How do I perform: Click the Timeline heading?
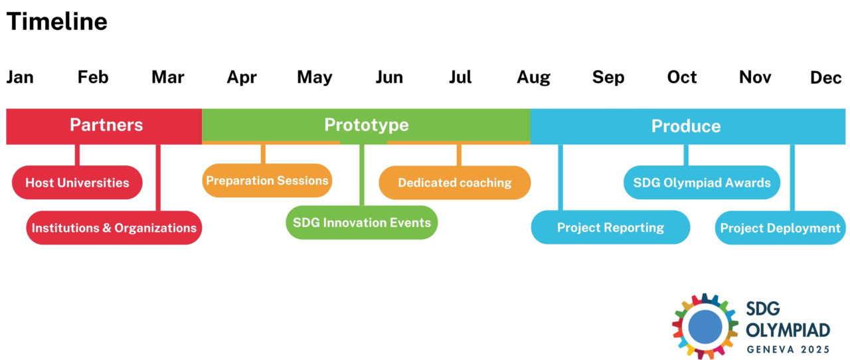[57, 22]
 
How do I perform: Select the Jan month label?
[20, 78]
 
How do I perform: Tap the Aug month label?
[533, 78]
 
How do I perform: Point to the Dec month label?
[825, 78]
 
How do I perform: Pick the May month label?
[314, 78]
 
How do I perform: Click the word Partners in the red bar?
[106, 126]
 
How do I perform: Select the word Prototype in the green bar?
[366, 125]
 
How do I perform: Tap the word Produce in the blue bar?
[685, 126]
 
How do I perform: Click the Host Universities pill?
[77, 183]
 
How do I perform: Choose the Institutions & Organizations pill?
[114, 228]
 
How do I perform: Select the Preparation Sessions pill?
[267, 181]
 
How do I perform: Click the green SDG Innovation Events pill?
[362, 223]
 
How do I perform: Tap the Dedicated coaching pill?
[455, 183]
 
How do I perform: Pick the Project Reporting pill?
[610, 228]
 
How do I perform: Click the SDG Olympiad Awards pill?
[702, 183]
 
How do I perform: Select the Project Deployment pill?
[780, 228]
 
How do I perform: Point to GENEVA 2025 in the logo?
[788, 349]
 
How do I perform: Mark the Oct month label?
[681, 78]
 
